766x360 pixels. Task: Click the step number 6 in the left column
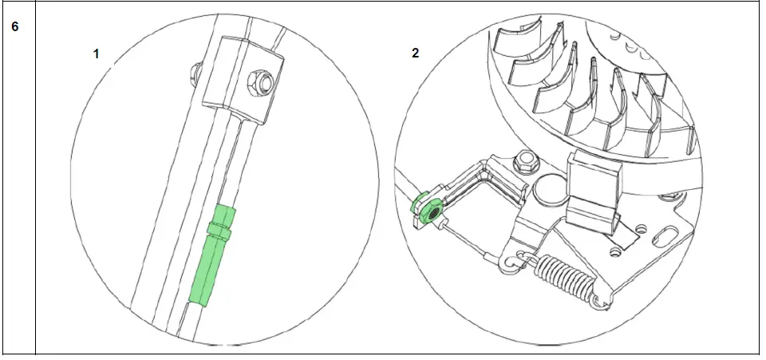(x=14, y=26)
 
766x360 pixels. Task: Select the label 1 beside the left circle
(x=97, y=53)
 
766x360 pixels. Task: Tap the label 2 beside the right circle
(x=415, y=53)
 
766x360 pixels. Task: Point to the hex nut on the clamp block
(x=258, y=80)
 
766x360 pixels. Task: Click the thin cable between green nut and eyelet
(x=471, y=239)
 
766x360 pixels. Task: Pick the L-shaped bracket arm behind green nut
(x=479, y=180)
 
